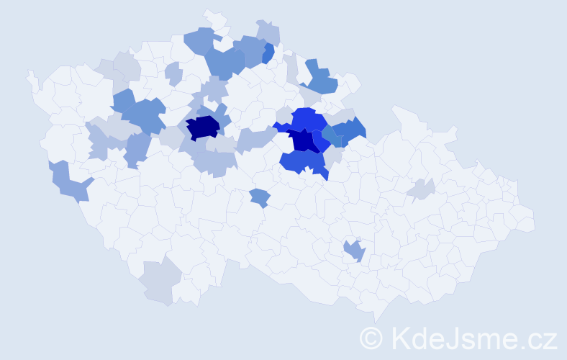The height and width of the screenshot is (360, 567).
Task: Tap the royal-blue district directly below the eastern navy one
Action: (x=301, y=162)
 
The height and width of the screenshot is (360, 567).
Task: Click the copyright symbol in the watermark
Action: (x=371, y=337)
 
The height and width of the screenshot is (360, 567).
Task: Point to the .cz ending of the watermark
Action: (x=535, y=337)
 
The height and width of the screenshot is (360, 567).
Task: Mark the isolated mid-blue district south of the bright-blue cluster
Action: (x=260, y=197)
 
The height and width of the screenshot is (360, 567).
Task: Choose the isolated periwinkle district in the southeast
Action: (x=354, y=251)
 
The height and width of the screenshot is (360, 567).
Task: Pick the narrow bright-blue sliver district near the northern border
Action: (x=268, y=54)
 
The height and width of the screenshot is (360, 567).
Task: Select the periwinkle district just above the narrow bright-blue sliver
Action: (x=268, y=32)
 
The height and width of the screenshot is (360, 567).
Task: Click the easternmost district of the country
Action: (x=524, y=220)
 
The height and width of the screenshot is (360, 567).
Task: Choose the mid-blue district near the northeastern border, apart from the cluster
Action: (x=321, y=79)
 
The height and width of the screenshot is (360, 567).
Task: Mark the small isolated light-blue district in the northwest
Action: (x=173, y=73)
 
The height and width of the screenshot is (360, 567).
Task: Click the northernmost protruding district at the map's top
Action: (x=214, y=17)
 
